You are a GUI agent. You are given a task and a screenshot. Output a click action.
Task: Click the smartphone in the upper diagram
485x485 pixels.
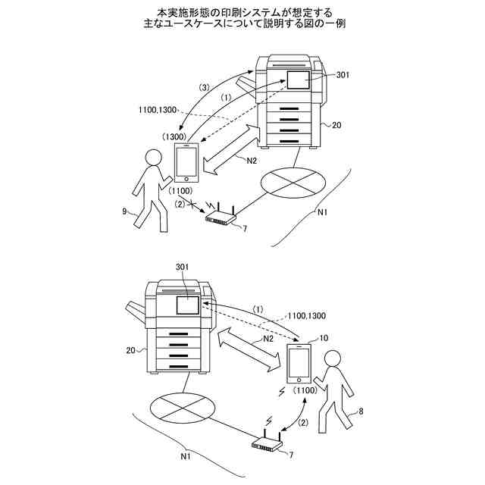[x=186, y=162]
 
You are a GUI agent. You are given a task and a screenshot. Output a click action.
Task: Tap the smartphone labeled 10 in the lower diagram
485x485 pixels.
[x=299, y=363]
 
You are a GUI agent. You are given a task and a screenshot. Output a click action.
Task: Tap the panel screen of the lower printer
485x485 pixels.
[x=187, y=305]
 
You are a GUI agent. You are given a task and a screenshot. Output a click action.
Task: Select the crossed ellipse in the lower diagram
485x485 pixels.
[x=180, y=412]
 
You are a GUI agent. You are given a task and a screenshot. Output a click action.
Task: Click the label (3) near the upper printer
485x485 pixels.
[x=204, y=88]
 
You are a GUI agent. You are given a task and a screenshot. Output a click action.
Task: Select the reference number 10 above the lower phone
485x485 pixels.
[x=325, y=338]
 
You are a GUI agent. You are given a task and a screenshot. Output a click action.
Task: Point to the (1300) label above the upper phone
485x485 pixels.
[x=176, y=136]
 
